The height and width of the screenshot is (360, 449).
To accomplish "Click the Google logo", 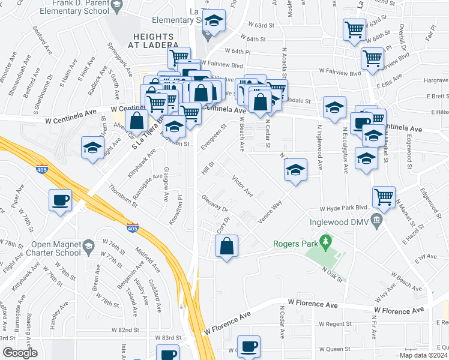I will click(20, 353).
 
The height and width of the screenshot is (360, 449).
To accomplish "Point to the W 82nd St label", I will click(124, 330).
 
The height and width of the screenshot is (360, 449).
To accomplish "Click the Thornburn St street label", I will click(124, 195).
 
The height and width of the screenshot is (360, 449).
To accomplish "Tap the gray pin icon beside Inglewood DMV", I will click(376, 220).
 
